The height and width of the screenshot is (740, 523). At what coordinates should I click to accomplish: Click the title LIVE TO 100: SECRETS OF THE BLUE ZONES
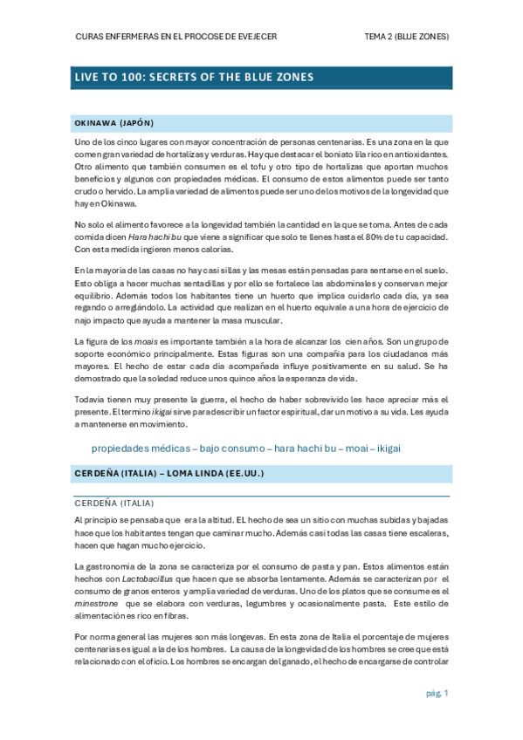[193, 78]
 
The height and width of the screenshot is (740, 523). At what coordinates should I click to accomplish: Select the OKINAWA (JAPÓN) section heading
[114, 123]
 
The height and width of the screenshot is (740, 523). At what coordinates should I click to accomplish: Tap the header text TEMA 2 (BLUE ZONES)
[406, 37]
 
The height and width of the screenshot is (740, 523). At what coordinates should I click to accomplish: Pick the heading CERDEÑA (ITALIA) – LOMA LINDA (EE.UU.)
[169, 473]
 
